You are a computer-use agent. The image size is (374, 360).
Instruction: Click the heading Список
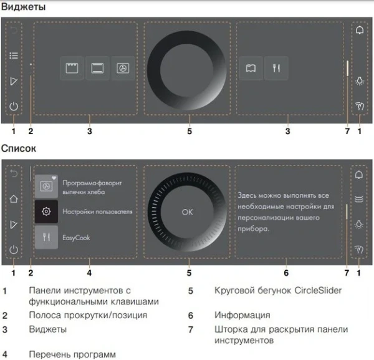coord(18,149)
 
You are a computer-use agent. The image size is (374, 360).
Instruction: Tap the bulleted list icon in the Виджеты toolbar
coord(14,56)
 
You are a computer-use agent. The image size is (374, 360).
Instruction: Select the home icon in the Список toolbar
coord(14,200)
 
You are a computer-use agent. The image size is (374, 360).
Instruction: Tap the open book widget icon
coord(251,69)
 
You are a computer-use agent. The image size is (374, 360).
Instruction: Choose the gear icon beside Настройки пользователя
coord(46,212)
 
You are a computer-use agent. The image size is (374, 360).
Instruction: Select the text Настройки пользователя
coord(97,212)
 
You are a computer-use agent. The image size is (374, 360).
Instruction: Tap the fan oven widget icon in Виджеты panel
coord(123,69)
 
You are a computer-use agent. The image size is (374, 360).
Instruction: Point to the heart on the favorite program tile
coord(54,178)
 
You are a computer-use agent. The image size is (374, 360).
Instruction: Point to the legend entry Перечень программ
coord(72,354)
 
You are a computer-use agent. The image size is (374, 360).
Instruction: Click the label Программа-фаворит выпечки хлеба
coord(92,187)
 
